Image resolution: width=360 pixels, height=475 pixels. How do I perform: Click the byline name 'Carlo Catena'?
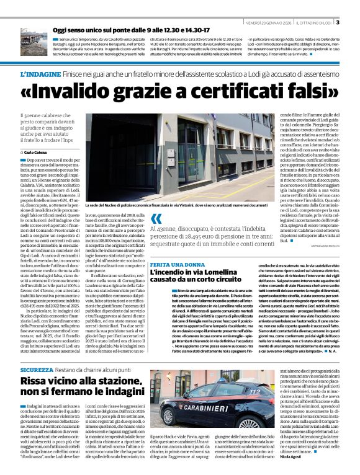[38, 152]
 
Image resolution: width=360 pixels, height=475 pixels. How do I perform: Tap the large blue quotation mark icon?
[156, 219]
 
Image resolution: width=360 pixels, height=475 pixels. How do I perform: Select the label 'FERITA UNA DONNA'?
[176, 264]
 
